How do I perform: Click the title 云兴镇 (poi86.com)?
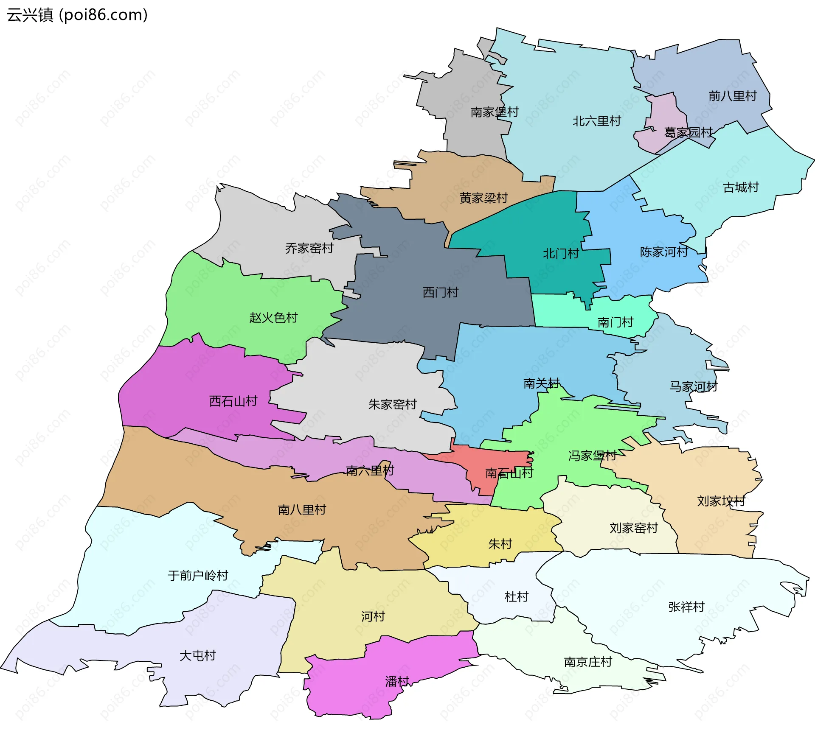77,15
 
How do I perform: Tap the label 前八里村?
732,96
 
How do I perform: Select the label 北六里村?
596,121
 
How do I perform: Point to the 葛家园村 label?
688,132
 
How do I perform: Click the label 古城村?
741,187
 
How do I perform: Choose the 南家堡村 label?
495,112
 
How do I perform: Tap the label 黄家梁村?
483,198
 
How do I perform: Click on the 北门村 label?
561,253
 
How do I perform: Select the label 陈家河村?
664,252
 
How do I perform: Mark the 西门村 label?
440,292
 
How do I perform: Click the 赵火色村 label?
273,317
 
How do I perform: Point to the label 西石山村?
233,401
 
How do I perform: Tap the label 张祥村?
686,607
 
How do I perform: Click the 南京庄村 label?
587,662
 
